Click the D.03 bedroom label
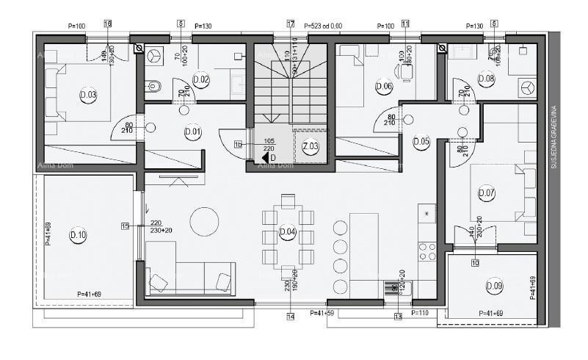88,95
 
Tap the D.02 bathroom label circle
200,79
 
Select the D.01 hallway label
193,133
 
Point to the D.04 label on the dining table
288,233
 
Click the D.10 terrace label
78,235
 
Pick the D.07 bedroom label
487,194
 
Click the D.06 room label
383,86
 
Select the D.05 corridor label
421,142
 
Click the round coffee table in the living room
204,220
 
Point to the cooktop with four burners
427,251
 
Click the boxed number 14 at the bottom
291,317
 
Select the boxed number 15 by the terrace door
125,226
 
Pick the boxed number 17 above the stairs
291,24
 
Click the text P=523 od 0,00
323,26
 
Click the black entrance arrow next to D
264,156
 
